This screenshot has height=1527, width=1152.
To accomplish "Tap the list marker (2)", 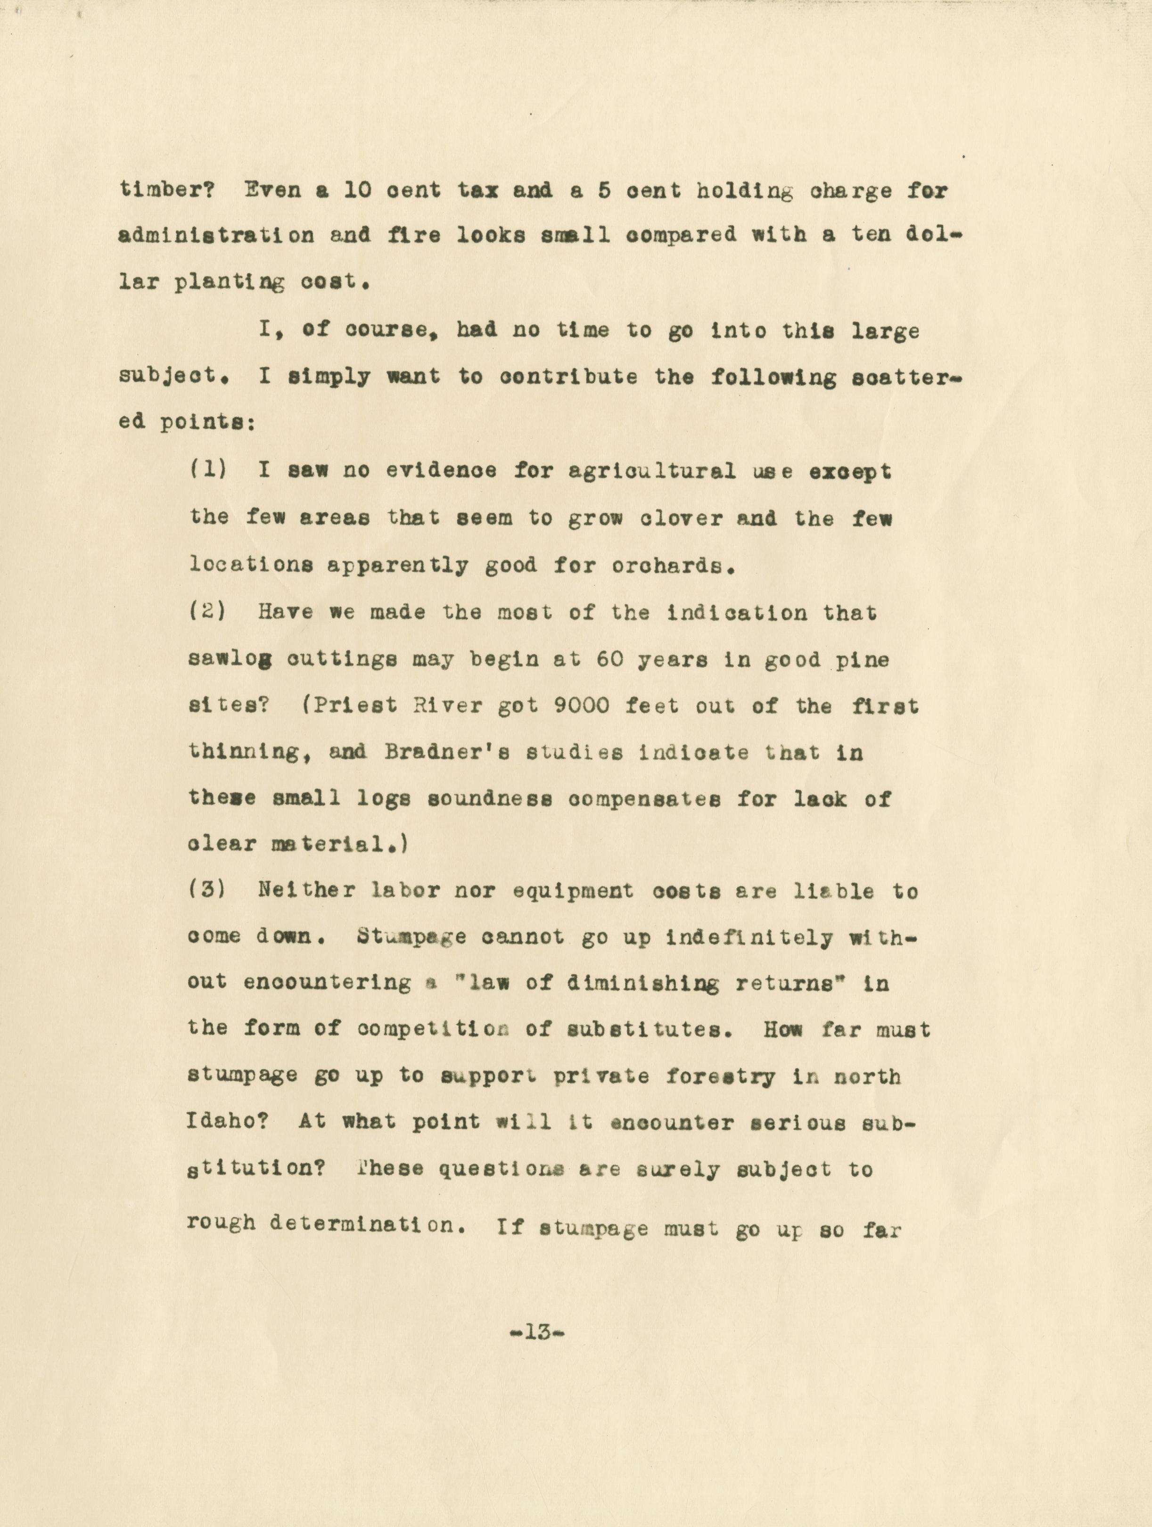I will tap(208, 612).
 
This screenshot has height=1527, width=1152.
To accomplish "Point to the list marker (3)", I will tap(208, 891).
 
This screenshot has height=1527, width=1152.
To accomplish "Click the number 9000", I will tap(581, 706).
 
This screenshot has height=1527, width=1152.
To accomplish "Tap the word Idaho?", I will tap(227, 1122).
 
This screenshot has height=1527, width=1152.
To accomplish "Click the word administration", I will tap(216, 235).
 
